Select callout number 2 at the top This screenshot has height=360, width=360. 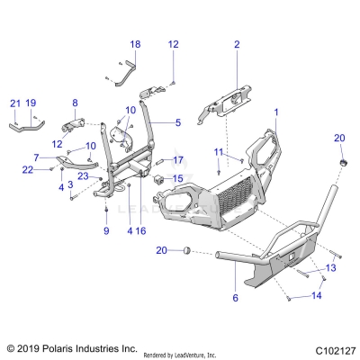click(x=237, y=44)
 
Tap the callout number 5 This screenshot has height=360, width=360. click(x=177, y=121)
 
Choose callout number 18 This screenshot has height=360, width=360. click(x=135, y=44)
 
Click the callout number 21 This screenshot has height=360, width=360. click(x=14, y=103)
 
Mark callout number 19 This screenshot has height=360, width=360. click(x=31, y=103)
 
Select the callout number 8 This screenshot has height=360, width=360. click(x=75, y=103)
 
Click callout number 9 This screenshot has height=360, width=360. click(x=106, y=230)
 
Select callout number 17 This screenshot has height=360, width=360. click(x=177, y=160)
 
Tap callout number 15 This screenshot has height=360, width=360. click(x=177, y=178)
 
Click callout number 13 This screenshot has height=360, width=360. click(x=329, y=267)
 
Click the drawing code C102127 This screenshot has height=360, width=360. click(x=331, y=348)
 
